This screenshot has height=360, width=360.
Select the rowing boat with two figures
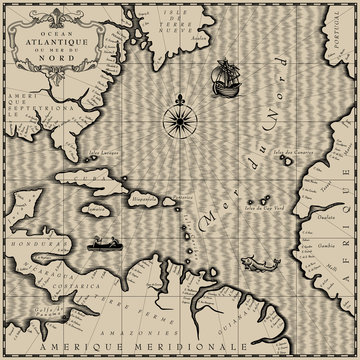click(x=101, y=240)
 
